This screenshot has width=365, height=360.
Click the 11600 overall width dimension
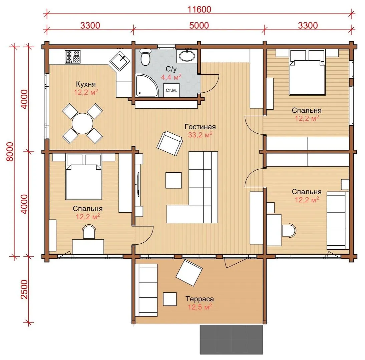click(199, 9)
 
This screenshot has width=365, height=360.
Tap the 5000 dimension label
click(199, 25)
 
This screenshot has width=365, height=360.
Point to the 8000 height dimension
click(10, 152)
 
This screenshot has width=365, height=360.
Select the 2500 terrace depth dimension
click(24, 290)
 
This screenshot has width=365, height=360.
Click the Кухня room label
click(86, 84)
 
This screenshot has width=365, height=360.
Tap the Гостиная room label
click(200, 127)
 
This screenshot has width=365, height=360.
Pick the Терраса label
click(200, 299)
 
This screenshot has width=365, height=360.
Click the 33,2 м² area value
click(200, 135)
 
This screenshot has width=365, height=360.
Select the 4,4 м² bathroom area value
click(171, 77)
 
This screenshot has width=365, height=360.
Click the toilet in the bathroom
click(145, 57)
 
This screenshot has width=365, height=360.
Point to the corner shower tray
click(147, 86)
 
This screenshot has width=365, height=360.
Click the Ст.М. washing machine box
click(171, 90)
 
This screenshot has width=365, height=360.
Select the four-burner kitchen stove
click(73, 57)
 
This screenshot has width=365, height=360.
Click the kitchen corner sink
click(120, 61)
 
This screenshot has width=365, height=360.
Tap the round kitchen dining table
click(82, 123)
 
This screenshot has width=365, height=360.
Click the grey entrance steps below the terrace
click(232, 340)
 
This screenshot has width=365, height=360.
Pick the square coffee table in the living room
click(173, 180)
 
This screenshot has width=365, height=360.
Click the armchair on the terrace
click(189, 273)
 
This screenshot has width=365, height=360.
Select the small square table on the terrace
click(170, 299)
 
